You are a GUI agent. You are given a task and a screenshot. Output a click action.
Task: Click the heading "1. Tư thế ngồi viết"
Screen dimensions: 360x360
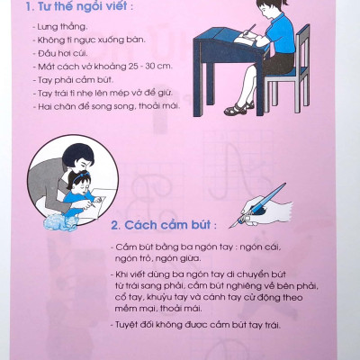tap(74, 13)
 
